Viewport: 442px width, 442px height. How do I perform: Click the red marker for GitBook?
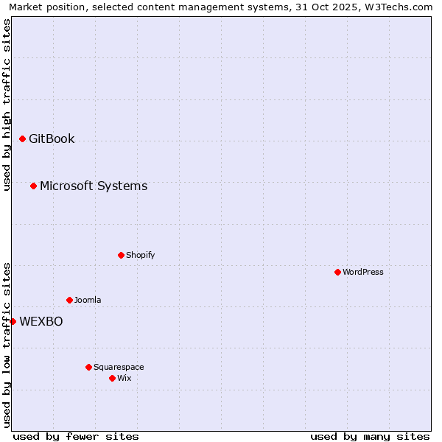[22, 138]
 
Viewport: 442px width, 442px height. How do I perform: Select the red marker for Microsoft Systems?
[33, 186]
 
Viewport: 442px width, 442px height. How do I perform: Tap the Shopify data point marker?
[121, 255]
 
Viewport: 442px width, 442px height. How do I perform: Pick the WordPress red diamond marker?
[337, 272]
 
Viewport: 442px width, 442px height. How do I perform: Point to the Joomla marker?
[69, 300]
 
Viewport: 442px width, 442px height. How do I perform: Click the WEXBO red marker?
[13, 321]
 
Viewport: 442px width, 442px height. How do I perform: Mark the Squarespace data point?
[88, 367]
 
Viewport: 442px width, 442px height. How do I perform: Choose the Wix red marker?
[112, 378]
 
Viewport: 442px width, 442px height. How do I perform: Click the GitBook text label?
[52, 138]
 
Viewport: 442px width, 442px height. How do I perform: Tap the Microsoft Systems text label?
[94, 186]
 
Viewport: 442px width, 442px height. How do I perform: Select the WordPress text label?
[363, 272]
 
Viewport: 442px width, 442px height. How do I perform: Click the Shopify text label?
[140, 255]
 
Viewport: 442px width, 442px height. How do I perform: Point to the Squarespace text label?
[119, 367]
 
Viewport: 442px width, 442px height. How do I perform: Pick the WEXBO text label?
[41, 321]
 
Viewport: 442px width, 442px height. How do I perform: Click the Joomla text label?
[88, 300]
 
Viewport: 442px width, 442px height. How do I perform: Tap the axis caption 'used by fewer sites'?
[76, 436]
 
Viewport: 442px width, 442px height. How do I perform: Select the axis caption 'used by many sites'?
[370, 436]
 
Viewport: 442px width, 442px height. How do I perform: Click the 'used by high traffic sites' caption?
[7, 105]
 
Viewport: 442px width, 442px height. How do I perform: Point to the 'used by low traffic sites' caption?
[7, 345]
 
